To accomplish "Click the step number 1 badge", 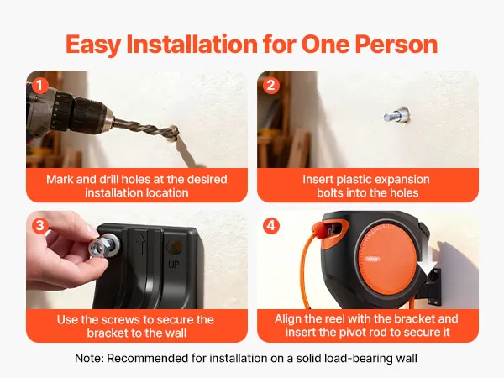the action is coord(40,86).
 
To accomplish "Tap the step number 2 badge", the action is coord(271,86).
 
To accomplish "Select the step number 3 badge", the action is coord(40,226).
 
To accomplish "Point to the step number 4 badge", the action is coord(271,226).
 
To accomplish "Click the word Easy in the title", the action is coord(93,44).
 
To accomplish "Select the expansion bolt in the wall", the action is coord(396,115).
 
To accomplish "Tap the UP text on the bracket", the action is coord(174,265).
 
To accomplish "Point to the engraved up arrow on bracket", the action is coord(140,244).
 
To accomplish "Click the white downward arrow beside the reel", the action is coord(426,260).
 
